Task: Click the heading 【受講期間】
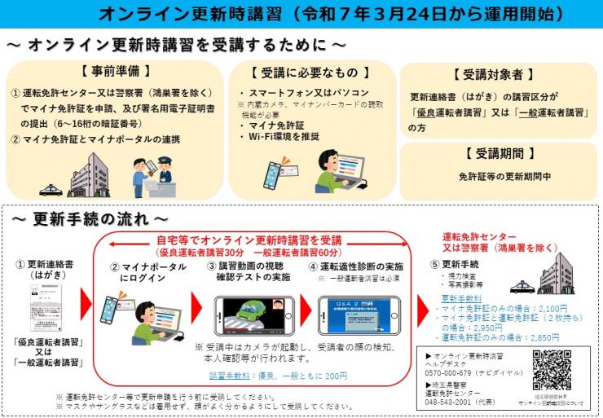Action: click(x=499, y=152)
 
